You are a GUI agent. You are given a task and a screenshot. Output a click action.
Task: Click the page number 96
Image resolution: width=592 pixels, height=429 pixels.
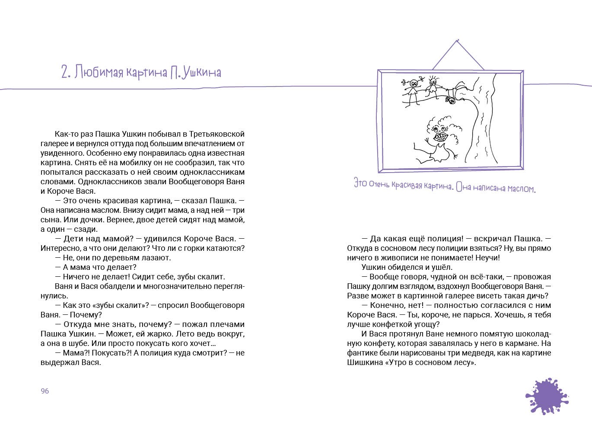[x=45, y=391]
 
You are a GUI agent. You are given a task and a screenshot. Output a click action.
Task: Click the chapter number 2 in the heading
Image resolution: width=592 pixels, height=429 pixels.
[x=66, y=72]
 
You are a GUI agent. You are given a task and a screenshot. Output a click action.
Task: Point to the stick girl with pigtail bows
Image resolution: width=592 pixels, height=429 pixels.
[x=412, y=89]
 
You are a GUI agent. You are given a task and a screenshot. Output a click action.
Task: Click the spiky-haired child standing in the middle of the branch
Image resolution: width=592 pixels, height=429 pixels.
[x=432, y=86]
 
